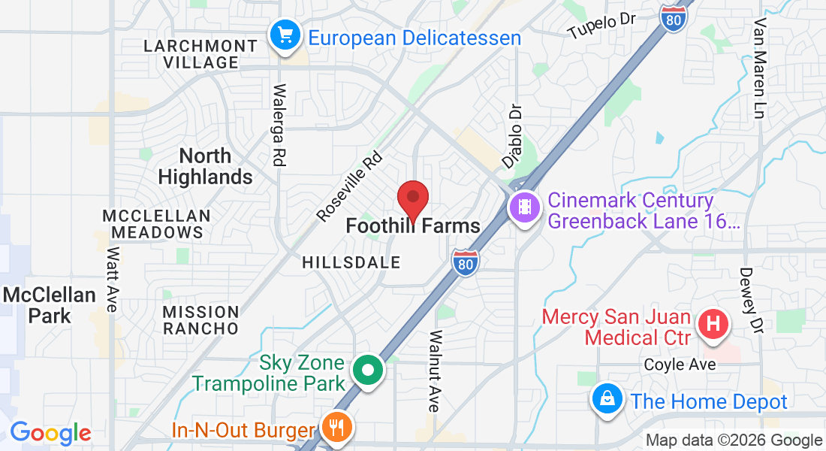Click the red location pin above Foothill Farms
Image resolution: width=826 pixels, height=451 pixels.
tap(412, 199)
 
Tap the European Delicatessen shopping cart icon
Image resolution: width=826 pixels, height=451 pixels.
tap(285, 35)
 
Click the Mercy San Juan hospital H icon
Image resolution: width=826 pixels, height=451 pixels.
tap(713, 325)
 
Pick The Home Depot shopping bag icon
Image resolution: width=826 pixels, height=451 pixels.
tap(607, 398)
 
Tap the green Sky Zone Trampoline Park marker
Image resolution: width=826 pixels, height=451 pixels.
tap(369, 371)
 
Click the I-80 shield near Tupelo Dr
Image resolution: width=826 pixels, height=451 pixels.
tap(673, 18)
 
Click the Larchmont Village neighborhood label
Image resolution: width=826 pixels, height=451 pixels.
tap(201, 54)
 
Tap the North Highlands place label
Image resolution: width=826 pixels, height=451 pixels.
tap(206, 166)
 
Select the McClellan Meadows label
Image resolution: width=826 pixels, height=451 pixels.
tap(156, 224)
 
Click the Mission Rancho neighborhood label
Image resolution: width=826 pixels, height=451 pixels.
tap(201, 320)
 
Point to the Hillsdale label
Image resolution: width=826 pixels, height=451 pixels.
tap(351, 262)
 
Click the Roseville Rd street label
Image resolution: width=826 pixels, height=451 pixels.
tap(350, 188)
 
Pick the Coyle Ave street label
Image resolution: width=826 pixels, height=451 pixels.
tap(680, 365)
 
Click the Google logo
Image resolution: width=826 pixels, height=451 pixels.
tap(50, 434)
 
